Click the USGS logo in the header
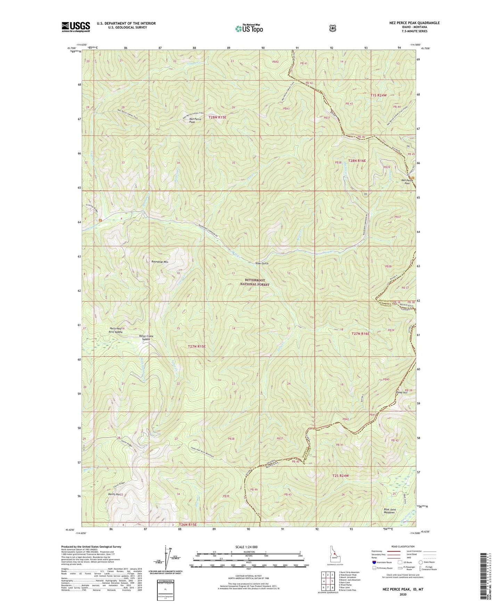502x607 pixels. click(x=76, y=27)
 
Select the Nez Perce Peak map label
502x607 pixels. click(x=195, y=121)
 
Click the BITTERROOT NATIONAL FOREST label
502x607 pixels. click(x=255, y=282)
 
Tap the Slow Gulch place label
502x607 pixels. click(x=262, y=264)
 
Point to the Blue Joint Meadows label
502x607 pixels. click(x=389, y=511)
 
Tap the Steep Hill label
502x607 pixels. click(x=401, y=392)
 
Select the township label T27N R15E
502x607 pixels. click(x=197, y=346)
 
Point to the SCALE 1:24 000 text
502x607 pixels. click(x=246, y=547)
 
